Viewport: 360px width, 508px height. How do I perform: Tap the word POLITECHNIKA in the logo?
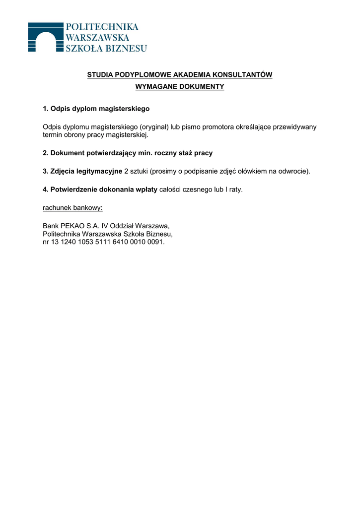[102, 27]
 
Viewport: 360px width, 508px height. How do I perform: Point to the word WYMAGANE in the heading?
[154, 87]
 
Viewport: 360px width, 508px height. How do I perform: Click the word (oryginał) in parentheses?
[154, 127]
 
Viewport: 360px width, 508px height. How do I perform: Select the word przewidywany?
[294, 127]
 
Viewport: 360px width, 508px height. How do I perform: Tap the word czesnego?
[198, 190]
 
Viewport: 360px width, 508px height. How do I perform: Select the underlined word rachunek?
[57, 208]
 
